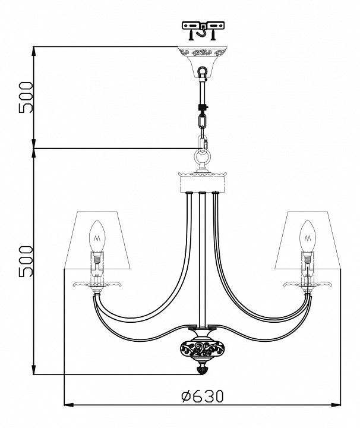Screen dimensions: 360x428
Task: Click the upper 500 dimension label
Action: coord(26,97)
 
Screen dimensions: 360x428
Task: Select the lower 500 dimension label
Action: coord(26,261)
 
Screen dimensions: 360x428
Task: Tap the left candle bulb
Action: coord(97,237)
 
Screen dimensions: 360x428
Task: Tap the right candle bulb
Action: coord(308,237)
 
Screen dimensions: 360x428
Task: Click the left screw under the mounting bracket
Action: coord(191,35)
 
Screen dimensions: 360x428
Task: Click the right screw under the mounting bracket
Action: coord(213,35)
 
